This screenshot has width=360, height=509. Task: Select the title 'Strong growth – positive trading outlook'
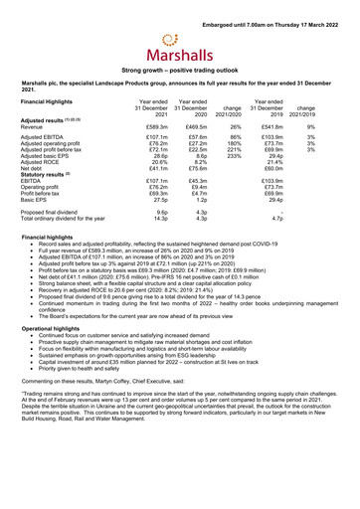pos(179,72)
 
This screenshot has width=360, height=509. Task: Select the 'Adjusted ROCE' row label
pos(43,164)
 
